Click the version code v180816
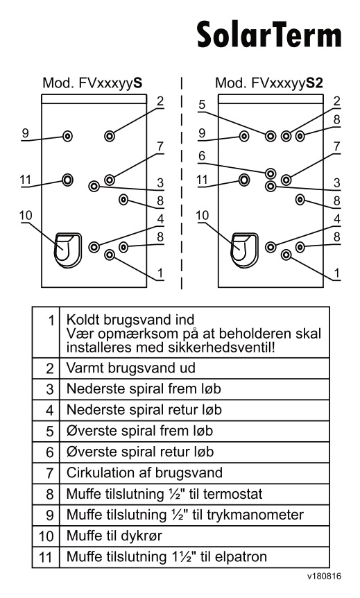coord(324,576)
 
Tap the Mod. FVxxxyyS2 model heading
coord(269,83)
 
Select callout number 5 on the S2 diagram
coord(202,104)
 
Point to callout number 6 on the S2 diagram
coord(202,155)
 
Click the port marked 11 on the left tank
coord(67,180)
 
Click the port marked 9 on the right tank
coord(244,136)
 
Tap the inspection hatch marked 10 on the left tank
coord(67,250)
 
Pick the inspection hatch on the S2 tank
coord(244,250)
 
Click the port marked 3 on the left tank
coord(94,187)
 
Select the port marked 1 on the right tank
coord(286,255)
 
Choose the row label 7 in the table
coord(49,473)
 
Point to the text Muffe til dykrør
coord(114,536)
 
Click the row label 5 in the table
coord(49,432)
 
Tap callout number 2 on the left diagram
coord(160,101)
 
